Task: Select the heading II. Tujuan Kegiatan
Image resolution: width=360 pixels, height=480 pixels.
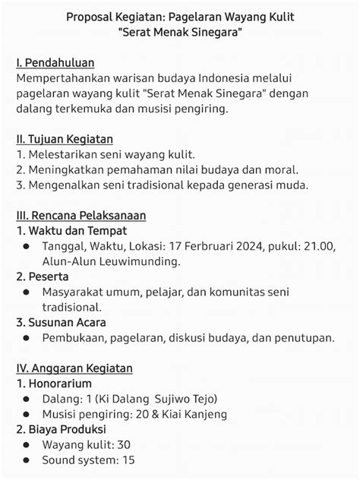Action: tap(65, 139)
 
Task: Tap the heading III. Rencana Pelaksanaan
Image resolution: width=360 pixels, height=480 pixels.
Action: tap(81, 216)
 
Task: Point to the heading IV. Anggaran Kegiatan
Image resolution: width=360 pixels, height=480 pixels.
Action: tap(74, 368)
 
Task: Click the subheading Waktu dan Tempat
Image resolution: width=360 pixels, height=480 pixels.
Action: tap(71, 231)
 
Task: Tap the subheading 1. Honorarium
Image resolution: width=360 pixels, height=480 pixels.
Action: tap(54, 384)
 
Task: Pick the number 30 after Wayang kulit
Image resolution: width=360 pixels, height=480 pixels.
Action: tap(125, 444)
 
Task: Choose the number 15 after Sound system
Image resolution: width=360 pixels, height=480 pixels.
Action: tap(128, 459)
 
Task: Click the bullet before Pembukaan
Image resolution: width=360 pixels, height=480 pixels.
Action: tap(27, 338)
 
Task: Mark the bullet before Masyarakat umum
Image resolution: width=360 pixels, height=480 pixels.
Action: tap(27, 292)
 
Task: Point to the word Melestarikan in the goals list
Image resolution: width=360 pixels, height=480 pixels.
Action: tap(63, 154)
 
